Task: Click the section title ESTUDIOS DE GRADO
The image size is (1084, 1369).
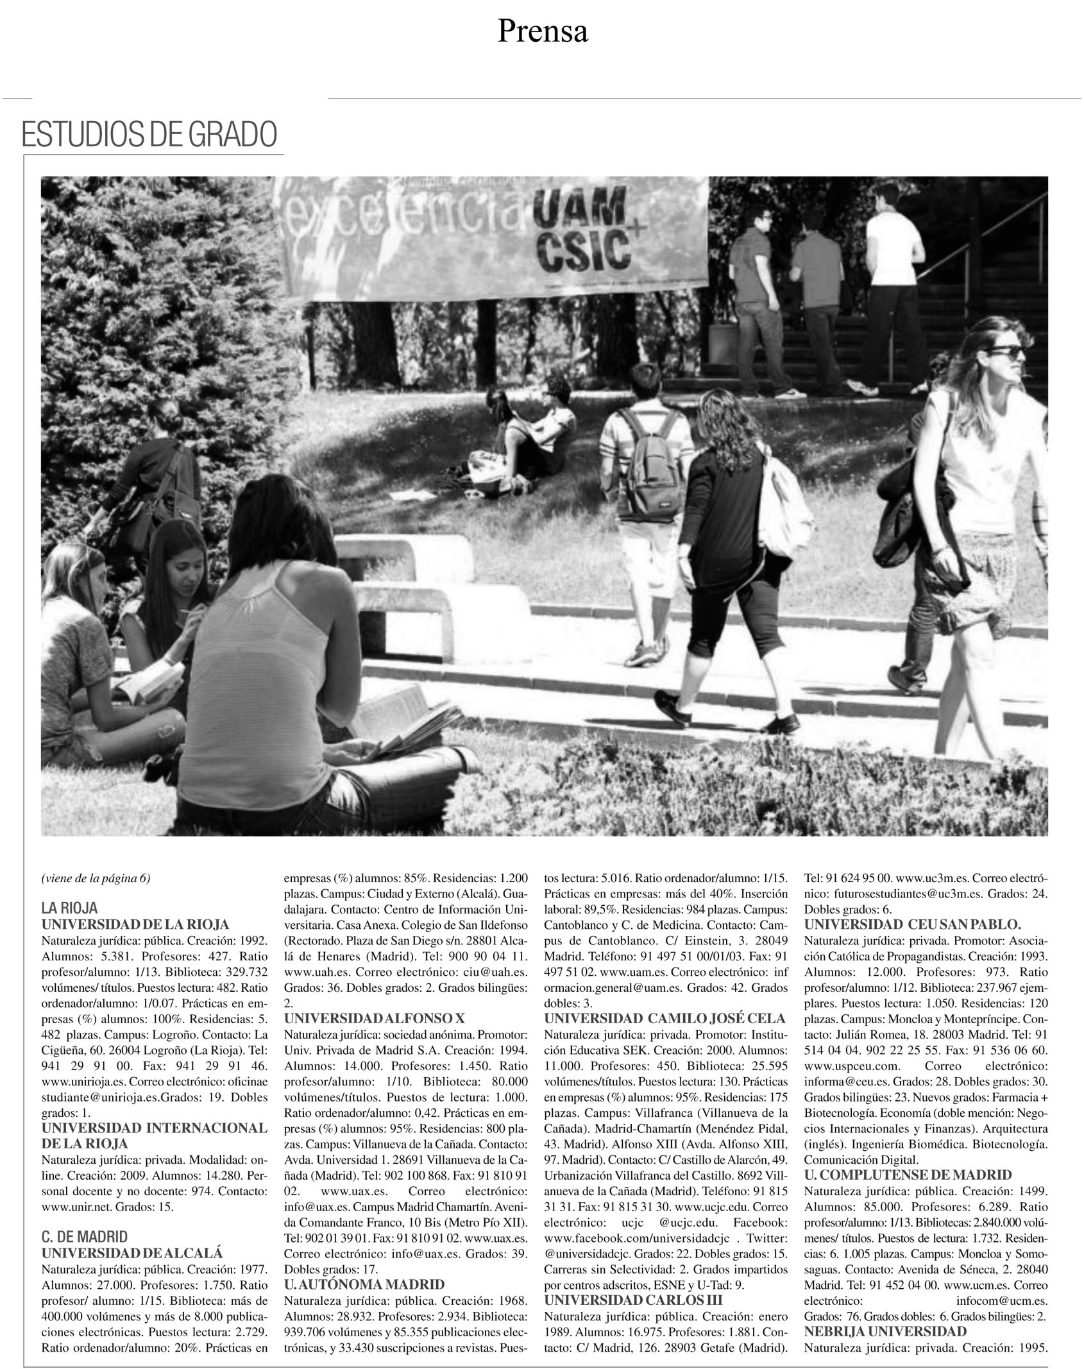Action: pyautogui.click(x=149, y=134)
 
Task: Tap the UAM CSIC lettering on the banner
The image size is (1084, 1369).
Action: pyautogui.click(x=580, y=234)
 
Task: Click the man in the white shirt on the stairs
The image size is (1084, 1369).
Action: pyautogui.click(x=893, y=282)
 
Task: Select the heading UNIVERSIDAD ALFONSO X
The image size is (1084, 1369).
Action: pyautogui.click(x=379, y=1018)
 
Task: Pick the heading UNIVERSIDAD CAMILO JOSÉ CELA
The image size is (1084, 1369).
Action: pyautogui.click(x=665, y=1018)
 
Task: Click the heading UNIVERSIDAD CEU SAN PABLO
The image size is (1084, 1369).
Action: pyautogui.click(x=912, y=924)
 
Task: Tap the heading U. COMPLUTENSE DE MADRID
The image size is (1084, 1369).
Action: pyautogui.click(x=908, y=1175)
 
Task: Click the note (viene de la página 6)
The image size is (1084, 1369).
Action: pyautogui.click(x=96, y=879)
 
